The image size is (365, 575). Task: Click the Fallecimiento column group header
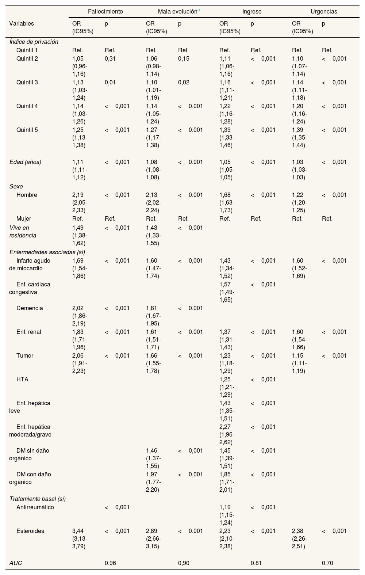point(105,11)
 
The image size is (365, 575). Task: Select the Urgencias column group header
point(324,11)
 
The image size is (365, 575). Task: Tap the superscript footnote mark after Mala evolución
point(199,10)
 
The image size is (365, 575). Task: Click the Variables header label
point(22,23)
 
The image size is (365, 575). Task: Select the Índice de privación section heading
point(34,42)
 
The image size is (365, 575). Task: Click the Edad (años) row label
point(25,162)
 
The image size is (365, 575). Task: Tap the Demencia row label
point(30,308)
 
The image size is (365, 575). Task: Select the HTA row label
point(22,379)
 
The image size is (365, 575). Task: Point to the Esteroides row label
point(30,531)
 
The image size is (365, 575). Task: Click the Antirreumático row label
point(35,507)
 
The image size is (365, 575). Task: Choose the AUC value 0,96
point(110,563)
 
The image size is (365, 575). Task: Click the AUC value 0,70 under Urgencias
point(327,563)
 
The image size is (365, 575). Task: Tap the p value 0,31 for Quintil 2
point(110,58)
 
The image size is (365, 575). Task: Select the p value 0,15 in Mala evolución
point(184,58)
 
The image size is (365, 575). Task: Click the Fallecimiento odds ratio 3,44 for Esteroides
point(78,531)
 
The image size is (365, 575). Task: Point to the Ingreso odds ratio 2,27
point(225,427)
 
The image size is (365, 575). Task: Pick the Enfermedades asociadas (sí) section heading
point(47,252)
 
